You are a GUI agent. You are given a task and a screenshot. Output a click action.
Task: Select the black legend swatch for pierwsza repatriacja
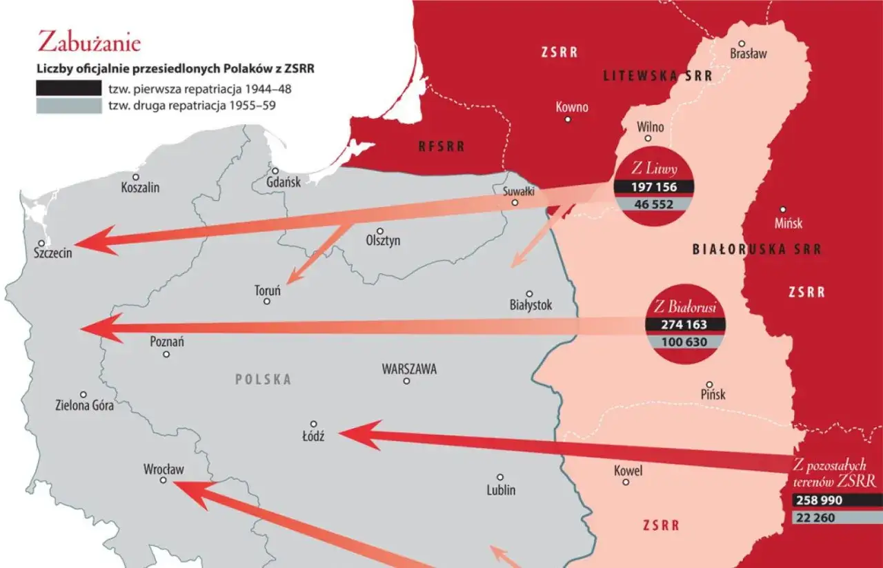pos(68,88)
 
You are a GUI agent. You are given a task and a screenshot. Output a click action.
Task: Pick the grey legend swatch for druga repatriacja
pos(68,106)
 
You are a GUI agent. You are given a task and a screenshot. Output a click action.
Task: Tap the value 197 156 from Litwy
pos(653,187)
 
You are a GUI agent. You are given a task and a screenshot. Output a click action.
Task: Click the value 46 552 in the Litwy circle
pos(653,204)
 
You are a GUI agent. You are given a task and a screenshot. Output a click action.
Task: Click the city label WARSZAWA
pos(409,369)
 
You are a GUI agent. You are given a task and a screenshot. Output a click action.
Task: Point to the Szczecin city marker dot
pos(42,243)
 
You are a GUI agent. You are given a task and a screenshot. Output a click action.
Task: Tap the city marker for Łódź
pos(313,424)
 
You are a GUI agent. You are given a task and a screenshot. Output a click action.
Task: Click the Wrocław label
pos(163,469)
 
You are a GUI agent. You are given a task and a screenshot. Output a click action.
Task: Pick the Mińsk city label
pos(788,224)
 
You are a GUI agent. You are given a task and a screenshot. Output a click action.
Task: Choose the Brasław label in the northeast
pos(748,54)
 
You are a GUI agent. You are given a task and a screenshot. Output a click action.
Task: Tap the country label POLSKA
pos(263,380)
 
